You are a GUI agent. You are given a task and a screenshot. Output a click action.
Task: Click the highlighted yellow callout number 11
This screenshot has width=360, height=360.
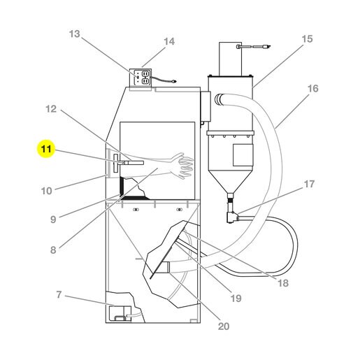point(46,149)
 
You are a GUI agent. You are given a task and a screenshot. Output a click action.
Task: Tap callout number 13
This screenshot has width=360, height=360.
point(74,34)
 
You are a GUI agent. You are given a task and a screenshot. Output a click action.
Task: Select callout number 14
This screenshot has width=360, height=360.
point(169,41)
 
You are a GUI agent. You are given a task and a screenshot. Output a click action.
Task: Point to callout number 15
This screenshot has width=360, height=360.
point(307,39)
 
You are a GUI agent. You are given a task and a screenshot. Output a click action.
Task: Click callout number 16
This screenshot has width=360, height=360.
point(312,89)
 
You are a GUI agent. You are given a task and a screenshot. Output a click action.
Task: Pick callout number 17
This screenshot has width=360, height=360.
point(309,184)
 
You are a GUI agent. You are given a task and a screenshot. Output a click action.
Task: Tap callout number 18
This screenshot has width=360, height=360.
point(283,283)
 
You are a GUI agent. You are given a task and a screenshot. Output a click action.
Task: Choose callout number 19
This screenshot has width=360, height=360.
point(236,298)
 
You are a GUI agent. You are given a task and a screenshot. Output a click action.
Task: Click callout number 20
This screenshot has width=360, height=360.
point(224,326)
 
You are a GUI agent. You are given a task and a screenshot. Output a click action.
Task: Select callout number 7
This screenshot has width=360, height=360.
point(59,295)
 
